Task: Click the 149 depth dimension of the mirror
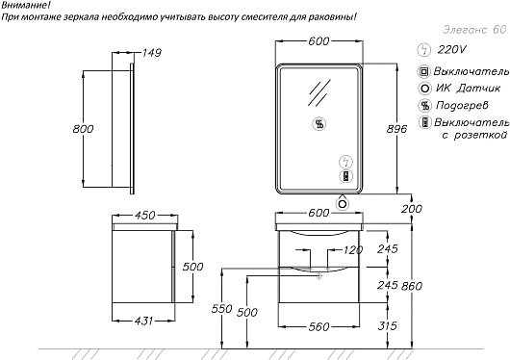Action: click(152, 52)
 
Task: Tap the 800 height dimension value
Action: click(83, 129)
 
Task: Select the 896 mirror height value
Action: click(396, 129)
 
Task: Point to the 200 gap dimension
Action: click(412, 209)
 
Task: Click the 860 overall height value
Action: click(412, 286)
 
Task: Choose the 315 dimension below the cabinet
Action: click(388, 325)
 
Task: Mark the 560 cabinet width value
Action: click(319, 326)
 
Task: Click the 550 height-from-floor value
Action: click(222, 308)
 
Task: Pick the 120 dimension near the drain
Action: click(353, 250)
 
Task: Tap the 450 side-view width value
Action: click(145, 216)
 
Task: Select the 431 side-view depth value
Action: click(143, 321)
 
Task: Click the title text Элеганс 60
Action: click(474, 30)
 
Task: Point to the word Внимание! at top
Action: click(24, 5)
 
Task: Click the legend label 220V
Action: click(451, 49)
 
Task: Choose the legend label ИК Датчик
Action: click(468, 88)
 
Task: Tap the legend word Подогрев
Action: click(462, 105)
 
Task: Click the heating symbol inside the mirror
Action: click(319, 123)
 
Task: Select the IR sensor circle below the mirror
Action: click(343, 204)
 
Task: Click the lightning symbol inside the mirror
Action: click(345, 162)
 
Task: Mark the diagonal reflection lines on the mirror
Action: click(319, 92)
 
